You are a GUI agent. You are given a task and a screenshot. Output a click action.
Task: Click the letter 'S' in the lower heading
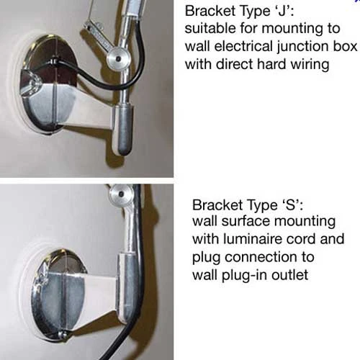(290, 205)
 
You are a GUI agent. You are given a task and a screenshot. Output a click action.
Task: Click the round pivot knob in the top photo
(118, 58)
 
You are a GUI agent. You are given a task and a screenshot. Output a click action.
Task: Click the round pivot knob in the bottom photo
(121, 194)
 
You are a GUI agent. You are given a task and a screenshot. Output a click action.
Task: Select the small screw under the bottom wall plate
(63, 335)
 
